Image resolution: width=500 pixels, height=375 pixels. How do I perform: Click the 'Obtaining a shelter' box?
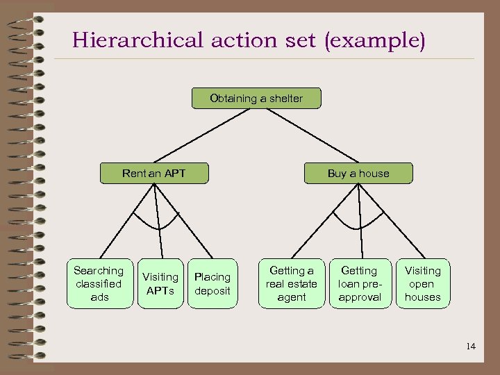pyautogui.click(x=257, y=99)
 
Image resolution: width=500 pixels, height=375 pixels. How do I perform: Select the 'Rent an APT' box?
pyautogui.click(x=154, y=173)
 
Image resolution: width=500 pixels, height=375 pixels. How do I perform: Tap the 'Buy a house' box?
pyautogui.click(x=358, y=173)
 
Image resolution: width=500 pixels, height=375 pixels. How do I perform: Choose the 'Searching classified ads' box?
pyautogui.click(x=99, y=284)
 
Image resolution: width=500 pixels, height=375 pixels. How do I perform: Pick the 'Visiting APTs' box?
pyautogui.click(x=160, y=284)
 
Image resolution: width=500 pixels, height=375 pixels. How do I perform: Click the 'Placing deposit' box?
pyautogui.click(x=212, y=284)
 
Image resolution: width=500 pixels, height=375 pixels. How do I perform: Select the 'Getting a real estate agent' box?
pyautogui.click(x=292, y=284)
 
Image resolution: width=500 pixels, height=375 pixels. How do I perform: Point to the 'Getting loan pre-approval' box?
pyautogui.click(x=360, y=284)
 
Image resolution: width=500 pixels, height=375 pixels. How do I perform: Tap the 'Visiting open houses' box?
pyautogui.click(x=422, y=284)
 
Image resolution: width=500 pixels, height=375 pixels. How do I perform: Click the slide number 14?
pyautogui.click(x=472, y=347)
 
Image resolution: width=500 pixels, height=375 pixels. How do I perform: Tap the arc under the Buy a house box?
pyautogui.click(x=359, y=226)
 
